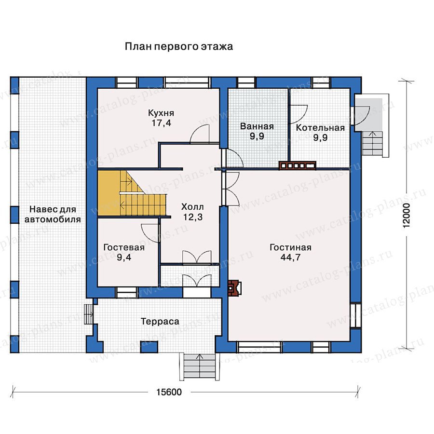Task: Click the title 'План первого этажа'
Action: click(178, 46)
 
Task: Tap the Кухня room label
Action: click(161, 113)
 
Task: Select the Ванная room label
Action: click(257, 126)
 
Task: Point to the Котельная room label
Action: click(320, 128)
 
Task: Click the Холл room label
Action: click(192, 207)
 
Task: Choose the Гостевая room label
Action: click(124, 247)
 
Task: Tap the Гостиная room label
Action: click(290, 247)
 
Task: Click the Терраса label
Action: click(160, 321)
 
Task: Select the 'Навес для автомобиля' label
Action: click(53, 214)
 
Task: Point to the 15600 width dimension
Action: click(169, 392)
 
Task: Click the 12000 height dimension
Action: click(407, 216)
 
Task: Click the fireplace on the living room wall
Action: click(234, 288)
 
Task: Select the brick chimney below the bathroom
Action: click(297, 165)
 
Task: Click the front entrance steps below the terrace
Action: click(197, 366)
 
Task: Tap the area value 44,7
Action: click(290, 258)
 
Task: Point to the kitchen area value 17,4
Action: click(161, 123)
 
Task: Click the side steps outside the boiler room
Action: click(373, 144)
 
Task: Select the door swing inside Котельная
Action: click(298, 114)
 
